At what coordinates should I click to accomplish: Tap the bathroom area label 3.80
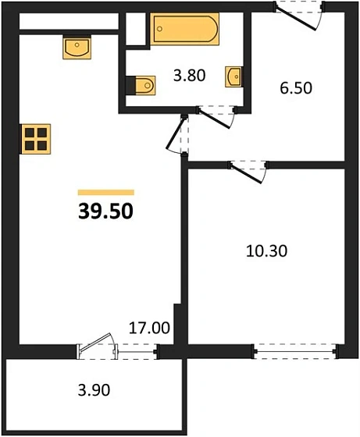(x=188, y=76)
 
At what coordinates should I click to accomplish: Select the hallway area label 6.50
(x=295, y=88)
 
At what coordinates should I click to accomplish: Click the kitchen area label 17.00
(x=149, y=329)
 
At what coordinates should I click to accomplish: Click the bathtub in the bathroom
(x=184, y=29)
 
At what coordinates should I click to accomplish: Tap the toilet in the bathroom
(x=141, y=84)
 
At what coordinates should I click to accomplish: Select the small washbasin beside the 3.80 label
(x=234, y=76)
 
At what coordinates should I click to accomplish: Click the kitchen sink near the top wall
(x=77, y=47)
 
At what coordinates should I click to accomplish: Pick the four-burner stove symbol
(x=36, y=138)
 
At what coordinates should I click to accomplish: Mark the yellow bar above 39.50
(x=105, y=192)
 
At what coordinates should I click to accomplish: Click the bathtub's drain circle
(x=161, y=29)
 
